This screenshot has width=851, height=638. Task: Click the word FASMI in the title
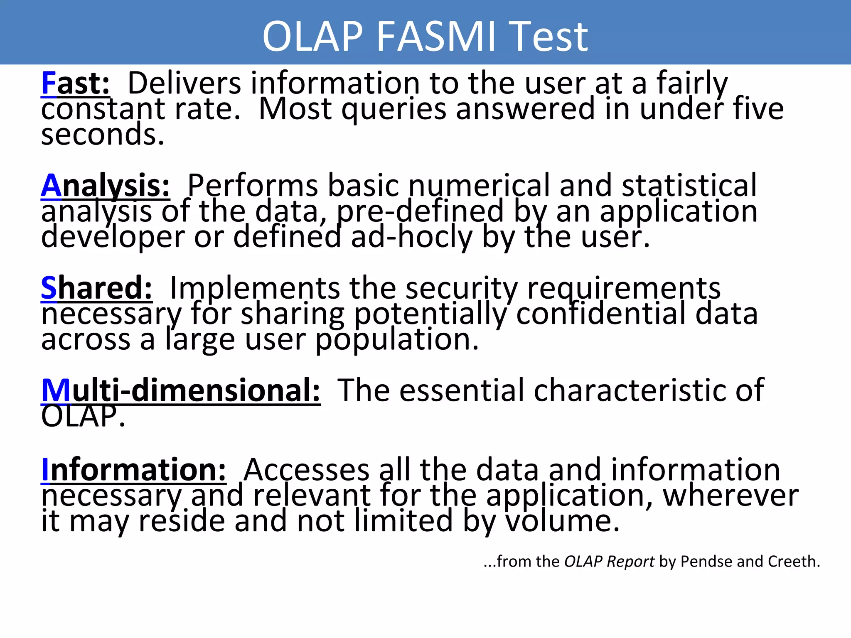pyautogui.click(x=436, y=37)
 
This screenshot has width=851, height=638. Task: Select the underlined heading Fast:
pyautogui.click(x=76, y=84)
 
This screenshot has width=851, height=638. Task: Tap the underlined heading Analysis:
pyautogui.click(x=106, y=186)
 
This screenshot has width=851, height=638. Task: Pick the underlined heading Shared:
pyautogui.click(x=96, y=288)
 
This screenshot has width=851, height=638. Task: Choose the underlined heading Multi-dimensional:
pyautogui.click(x=181, y=390)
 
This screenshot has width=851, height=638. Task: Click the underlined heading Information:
pyautogui.click(x=133, y=470)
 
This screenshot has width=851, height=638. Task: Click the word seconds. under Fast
pyautogui.click(x=103, y=135)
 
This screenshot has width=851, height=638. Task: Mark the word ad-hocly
pyautogui.click(x=412, y=237)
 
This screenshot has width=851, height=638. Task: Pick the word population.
pyautogui.click(x=397, y=340)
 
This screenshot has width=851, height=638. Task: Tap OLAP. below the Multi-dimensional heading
pyautogui.click(x=83, y=416)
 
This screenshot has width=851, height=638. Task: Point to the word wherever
pyautogui.click(x=730, y=496)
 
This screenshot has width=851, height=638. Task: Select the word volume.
pyautogui.click(x=562, y=521)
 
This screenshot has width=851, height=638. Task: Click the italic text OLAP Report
pyautogui.click(x=609, y=562)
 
